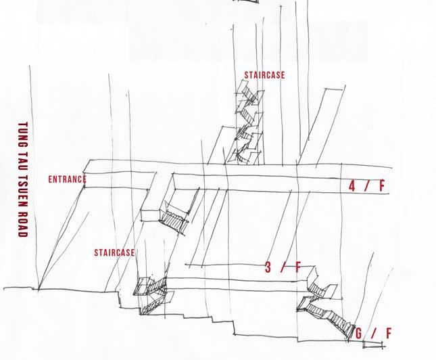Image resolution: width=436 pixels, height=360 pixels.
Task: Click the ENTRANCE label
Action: tap(68, 179)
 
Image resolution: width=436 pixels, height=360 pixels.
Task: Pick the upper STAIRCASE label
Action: tap(265, 76)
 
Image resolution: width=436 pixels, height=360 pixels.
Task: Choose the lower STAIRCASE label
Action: tap(114, 253)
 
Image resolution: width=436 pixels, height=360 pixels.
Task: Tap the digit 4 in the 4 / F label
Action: tap(352, 186)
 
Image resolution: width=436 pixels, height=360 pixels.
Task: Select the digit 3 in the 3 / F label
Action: tap(268, 268)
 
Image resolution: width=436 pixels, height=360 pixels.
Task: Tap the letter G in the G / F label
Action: tap(359, 333)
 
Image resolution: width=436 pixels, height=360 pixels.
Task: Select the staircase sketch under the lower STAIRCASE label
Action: tap(150, 291)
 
